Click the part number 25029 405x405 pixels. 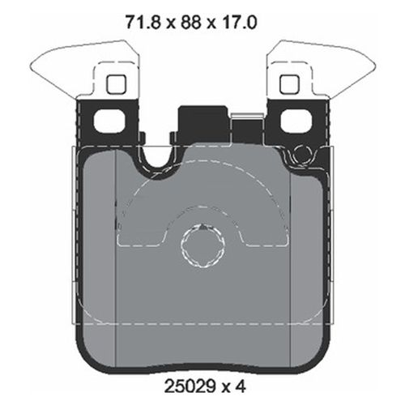pyautogui.click(x=184, y=386)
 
